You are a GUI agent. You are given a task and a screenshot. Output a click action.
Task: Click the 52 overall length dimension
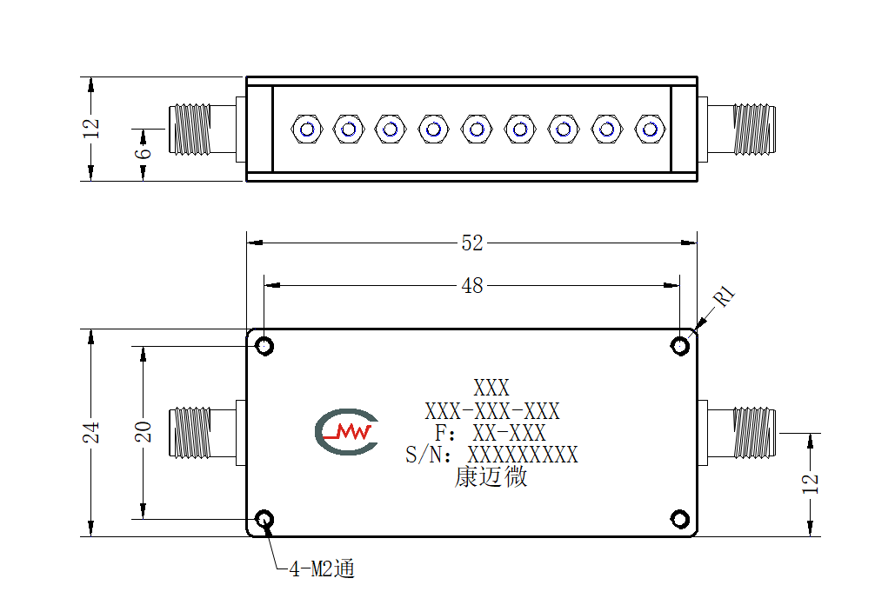point(472,243)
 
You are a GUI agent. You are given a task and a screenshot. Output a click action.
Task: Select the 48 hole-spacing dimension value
point(472,286)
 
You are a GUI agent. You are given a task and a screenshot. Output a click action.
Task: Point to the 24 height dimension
point(91,432)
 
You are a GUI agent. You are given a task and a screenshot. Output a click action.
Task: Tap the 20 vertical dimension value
point(144,432)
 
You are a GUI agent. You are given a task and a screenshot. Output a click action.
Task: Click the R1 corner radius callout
point(725,296)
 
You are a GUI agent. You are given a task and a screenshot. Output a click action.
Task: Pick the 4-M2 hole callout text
point(322,568)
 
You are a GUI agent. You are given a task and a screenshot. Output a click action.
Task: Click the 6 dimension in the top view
point(144,151)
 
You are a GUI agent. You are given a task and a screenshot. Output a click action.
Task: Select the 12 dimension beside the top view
point(91,129)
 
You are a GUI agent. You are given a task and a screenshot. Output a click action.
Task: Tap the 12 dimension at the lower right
point(811,483)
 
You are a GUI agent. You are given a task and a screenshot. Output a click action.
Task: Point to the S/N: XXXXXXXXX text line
point(491,455)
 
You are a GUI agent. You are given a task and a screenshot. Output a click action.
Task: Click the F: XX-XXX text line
point(491,433)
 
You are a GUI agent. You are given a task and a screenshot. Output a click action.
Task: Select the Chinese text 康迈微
point(491,477)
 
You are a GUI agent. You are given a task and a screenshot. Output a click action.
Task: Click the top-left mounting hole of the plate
point(264,346)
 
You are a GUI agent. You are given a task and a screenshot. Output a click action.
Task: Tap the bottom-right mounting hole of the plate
point(679,520)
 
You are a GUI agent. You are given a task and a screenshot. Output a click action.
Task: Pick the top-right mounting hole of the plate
point(679,346)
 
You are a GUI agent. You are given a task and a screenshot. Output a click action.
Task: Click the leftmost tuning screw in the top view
point(307,130)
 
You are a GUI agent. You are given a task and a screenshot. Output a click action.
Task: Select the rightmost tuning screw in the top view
point(650,130)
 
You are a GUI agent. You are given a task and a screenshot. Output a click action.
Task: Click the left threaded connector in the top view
point(202,130)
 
